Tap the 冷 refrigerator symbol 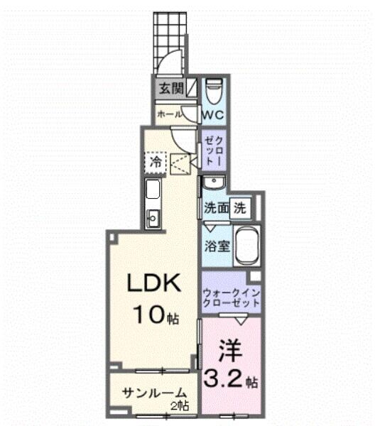point(156,163)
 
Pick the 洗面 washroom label point(217,209)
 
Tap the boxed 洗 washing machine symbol point(241,209)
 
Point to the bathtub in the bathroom point(248,247)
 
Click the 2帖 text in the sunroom point(180,406)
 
